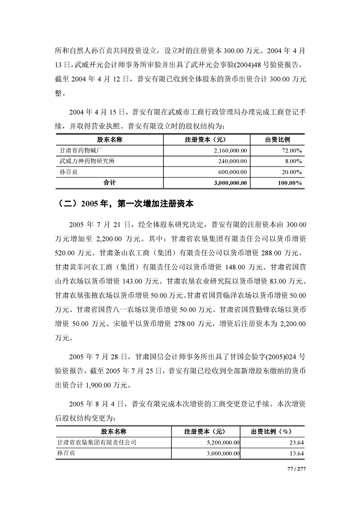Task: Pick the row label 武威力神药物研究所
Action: (x=85, y=161)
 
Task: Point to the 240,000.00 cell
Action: (x=229, y=161)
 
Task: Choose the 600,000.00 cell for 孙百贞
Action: (x=229, y=171)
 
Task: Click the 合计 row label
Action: (x=109, y=182)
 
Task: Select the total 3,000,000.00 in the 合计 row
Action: (x=224, y=182)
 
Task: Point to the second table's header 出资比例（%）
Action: (x=274, y=431)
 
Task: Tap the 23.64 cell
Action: (x=296, y=441)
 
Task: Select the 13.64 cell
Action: (x=296, y=453)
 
